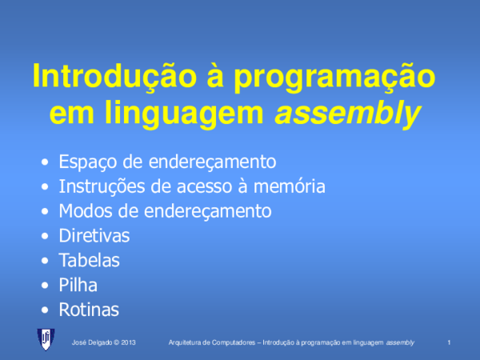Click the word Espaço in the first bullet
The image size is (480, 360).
click(86, 162)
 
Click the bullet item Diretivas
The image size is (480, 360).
click(94, 236)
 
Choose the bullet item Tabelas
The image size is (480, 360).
click(90, 260)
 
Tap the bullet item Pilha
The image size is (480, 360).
click(78, 285)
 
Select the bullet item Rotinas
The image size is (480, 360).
click(89, 309)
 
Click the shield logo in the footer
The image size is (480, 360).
click(47, 339)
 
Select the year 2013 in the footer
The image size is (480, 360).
click(129, 342)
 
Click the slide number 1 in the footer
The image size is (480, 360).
click(450, 342)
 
